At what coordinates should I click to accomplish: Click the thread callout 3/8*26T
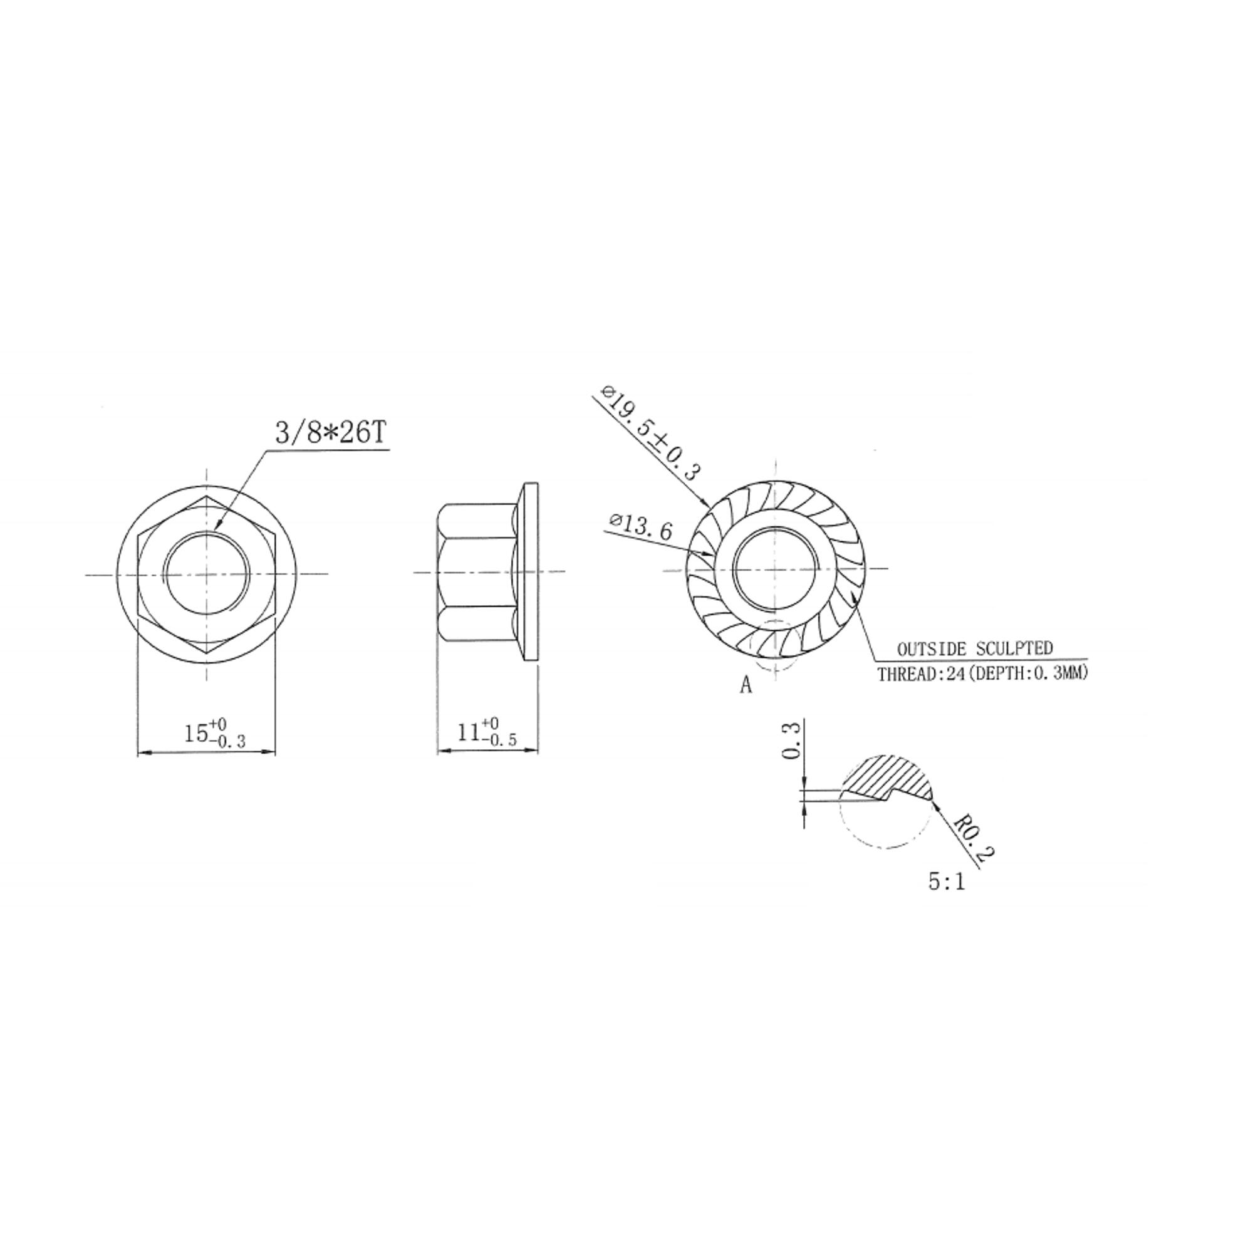(x=331, y=432)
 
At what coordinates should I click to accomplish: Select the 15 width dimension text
(x=216, y=734)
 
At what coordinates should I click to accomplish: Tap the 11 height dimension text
(x=487, y=732)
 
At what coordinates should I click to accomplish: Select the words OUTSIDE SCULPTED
(x=975, y=648)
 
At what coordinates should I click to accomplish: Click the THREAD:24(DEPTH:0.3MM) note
(x=982, y=674)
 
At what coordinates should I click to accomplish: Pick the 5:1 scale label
(x=946, y=882)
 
